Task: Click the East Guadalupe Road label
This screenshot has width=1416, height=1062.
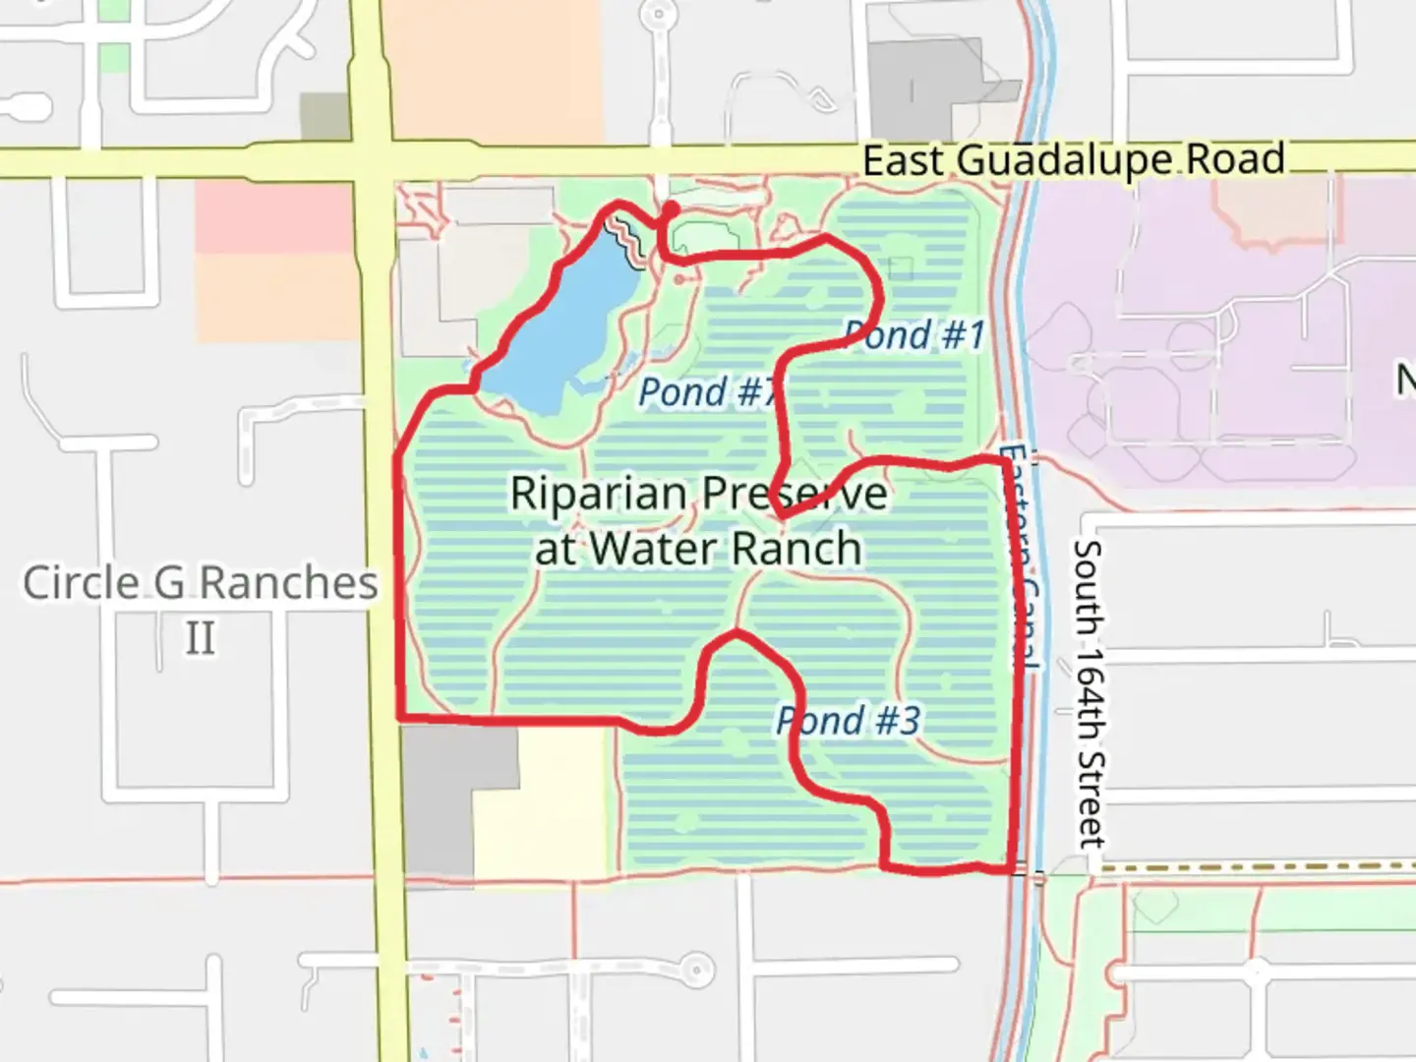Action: coord(1074,159)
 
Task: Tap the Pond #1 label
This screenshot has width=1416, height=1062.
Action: coord(914,334)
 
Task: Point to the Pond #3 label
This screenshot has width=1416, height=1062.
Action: coord(849,720)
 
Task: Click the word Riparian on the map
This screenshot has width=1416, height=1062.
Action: coord(598,493)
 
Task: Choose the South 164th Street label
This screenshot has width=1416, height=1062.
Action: coord(1090,693)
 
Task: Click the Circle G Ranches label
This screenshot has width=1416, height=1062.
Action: coord(200,582)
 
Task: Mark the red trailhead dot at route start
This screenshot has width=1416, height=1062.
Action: coord(670,209)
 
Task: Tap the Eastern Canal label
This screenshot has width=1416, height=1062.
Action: coord(1021,556)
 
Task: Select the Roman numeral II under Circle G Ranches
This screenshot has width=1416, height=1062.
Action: coord(200,638)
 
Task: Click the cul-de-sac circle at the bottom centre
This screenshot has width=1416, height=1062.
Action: coord(697,969)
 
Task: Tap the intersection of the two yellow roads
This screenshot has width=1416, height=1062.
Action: coord(374,160)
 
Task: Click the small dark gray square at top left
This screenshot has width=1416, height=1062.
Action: coord(324,116)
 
